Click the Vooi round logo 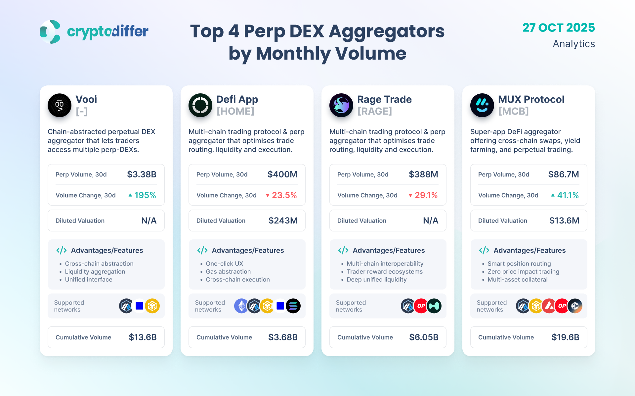(x=60, y=105)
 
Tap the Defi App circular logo (x=200, y=105)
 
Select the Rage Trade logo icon (x=341, y=105)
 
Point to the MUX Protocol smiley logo (x=482, y=105)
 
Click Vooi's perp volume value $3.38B (x=142, y=174)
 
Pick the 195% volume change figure (x=145, y=195)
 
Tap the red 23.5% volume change (x=284, y=195)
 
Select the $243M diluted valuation (x=283, y=221)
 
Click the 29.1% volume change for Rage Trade (x=426, y=195)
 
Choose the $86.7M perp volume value (x=564, y=174)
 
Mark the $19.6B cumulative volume (x=565, y=337)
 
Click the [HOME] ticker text (x=235, y=111)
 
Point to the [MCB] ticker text (x=513, y=111)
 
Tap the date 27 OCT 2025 (x=559, y=28)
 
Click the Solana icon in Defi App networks (x=293, y=306)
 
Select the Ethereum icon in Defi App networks (x=241, y=306)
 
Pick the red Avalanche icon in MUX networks (x=549, y=306)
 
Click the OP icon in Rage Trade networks (x=421, y=306)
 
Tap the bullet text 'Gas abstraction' (x=228, y=272)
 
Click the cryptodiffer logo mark (x=50, y=32)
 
